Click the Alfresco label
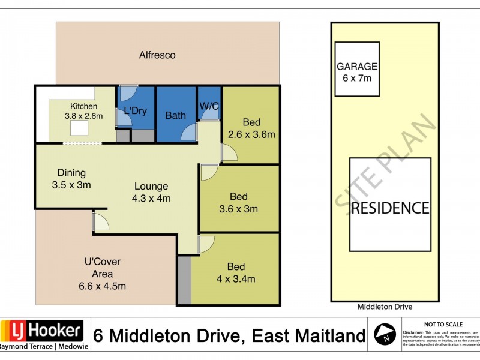[x=157, y=55]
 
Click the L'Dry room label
[x=135, y=111]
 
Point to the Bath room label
[x=175, y=115]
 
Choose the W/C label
[x=208, y=106]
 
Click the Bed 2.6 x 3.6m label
[x=251, y=128]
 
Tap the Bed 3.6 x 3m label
[x=239, y=203]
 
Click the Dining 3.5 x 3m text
[x=71, y=179]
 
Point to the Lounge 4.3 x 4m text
[x=151, y=192]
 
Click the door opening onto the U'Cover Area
[x=101, y=223]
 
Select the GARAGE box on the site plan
[x=356, y=69]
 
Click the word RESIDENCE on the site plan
[x=390, y=208]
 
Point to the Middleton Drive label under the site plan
[x=385, y=307]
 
